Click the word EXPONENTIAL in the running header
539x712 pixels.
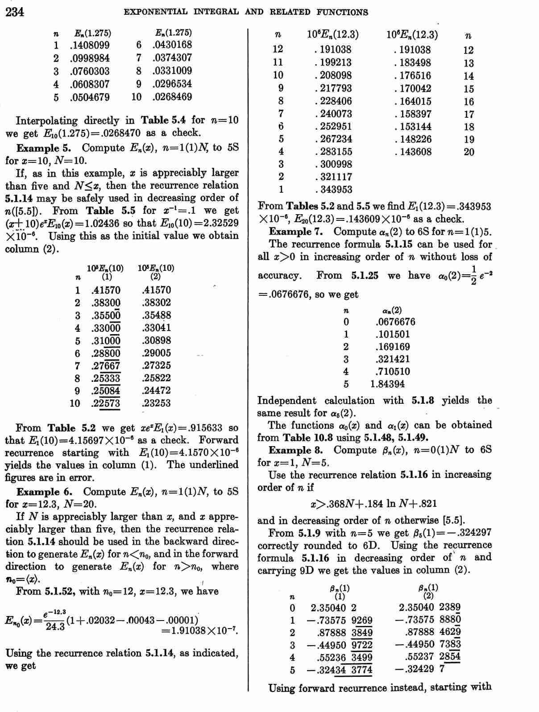coord(156,12)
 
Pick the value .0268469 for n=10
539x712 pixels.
coord(172,97)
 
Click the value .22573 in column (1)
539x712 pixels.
coord(106,403)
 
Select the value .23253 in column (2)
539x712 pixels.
coord(157,403)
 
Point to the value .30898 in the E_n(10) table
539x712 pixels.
coord(157,340)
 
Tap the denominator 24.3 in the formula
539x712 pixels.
coord(55,627)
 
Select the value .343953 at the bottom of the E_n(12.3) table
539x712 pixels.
coord(333,190)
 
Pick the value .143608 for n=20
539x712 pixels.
coord(413,152)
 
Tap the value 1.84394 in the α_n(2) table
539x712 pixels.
coord(387,384)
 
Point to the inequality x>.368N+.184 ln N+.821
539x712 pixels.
coord(373,504)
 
